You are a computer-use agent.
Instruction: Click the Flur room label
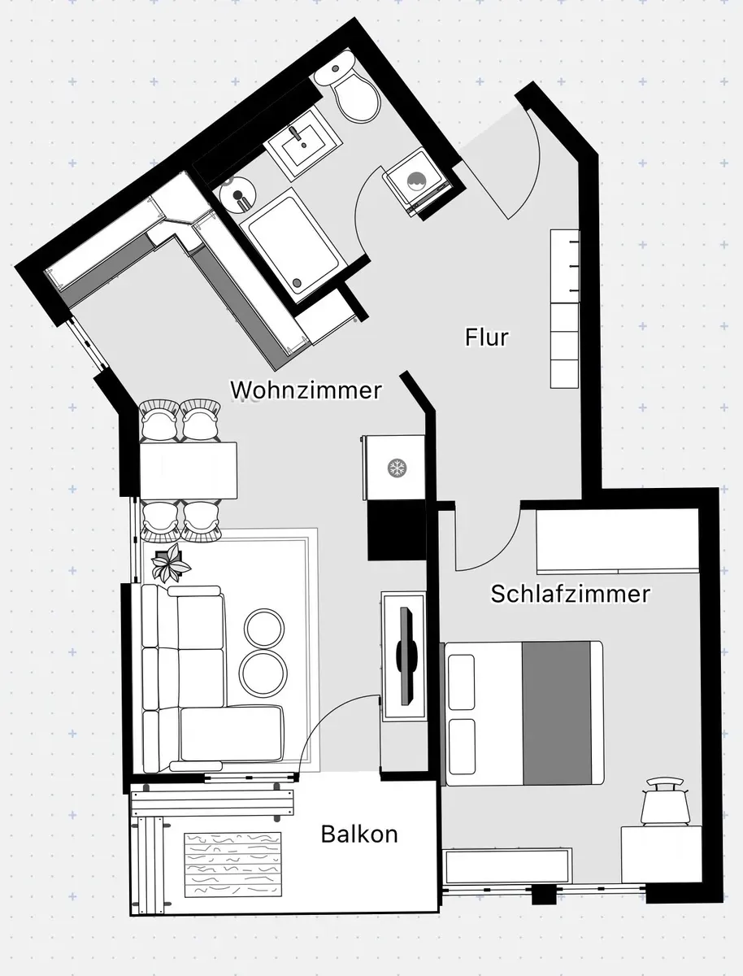click(487, 337)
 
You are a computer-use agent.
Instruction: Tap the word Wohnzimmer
click(306, 390)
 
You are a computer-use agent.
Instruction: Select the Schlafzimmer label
click(571, 594)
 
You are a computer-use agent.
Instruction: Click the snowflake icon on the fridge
click(397, 468)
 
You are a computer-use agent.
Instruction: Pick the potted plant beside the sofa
click(170, 564)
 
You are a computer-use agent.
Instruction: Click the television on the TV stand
click(406, 656)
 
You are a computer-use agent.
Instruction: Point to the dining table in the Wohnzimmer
click(189, 470)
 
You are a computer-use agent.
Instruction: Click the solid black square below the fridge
click(397, 530)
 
